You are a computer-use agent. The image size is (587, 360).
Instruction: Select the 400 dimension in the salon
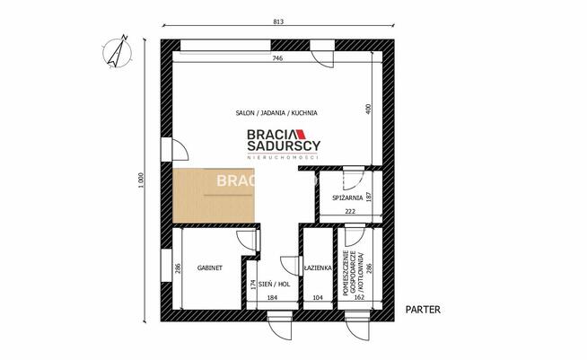(x=366, y=109)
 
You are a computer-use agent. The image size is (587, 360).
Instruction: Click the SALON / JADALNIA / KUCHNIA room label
(x=276, y=113)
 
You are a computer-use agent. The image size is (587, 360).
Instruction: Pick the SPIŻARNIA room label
(x=346, y=197)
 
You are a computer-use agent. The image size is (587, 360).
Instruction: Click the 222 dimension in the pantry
(x=349, y=212)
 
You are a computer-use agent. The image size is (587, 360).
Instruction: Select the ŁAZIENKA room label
(x=319, y=268)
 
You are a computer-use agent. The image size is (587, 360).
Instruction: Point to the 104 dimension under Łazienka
(x=316, y=296)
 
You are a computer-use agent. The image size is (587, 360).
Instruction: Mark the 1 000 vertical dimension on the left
(x=140, y=182)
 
